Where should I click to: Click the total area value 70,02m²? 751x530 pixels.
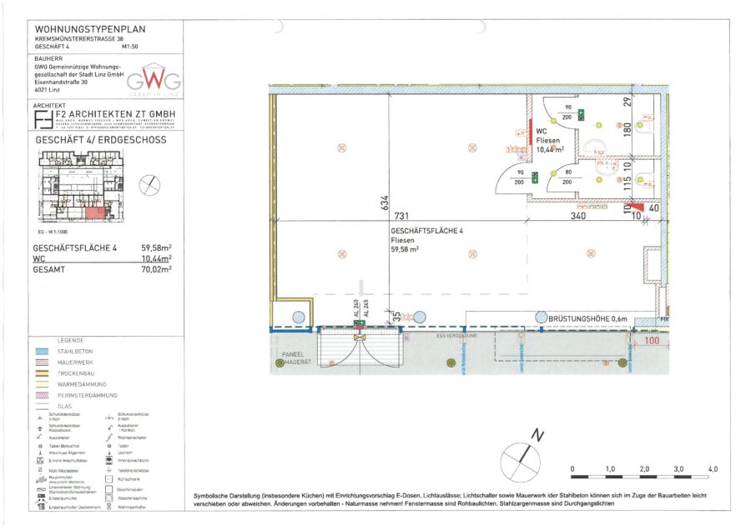click(156, 269)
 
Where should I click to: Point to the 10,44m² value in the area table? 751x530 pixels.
click(156, 258)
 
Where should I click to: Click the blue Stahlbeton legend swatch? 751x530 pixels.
click(43, 352)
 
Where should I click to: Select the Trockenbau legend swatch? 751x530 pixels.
click(43, 374)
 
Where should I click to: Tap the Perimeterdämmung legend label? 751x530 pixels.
click(92, 395)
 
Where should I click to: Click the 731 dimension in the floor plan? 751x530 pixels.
click(403, 215)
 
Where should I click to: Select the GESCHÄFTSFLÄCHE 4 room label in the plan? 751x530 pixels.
click(422, 231)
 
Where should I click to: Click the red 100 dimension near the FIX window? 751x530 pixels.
click(652, 342)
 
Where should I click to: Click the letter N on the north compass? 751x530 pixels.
click(539, 435)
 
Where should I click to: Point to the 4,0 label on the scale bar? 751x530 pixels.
click(713, 470)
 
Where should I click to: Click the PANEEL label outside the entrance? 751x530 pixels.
click(295, 353)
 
